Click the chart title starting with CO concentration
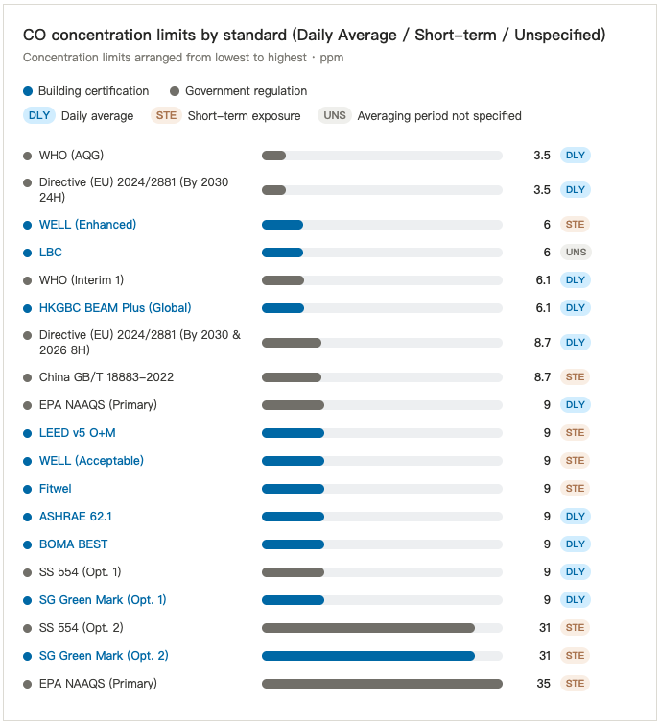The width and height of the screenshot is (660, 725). click(314, 36)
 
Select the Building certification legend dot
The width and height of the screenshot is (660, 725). click(28, 91)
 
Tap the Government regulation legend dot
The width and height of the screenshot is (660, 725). click(175, 91)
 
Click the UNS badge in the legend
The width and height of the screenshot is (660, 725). click(335, 115)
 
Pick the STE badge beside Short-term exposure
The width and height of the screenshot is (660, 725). click(166, 115)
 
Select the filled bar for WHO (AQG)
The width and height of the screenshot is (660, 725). click(274, 156)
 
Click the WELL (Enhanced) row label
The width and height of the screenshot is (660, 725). click(87, 225)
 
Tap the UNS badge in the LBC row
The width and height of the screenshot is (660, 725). click(576, 252)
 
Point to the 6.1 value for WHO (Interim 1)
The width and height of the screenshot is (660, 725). click(543, 280)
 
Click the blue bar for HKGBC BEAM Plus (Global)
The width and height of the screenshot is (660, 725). click(283, 308)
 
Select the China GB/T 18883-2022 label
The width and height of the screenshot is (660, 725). click(106, 377)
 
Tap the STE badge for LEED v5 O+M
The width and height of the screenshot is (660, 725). click(575, 433)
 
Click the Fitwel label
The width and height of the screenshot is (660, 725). click(56, 489)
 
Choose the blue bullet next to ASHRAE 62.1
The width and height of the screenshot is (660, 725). click(27, 517)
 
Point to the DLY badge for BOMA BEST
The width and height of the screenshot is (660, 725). click(576, 544)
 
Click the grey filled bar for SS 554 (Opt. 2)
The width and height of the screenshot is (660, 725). click(368, 628)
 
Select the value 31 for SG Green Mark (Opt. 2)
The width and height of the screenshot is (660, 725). click(545, 656)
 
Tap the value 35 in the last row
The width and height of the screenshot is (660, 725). click(544, 684)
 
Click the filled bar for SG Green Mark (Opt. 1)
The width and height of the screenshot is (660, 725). click(293, 600)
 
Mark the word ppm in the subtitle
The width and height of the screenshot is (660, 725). click(332, 59)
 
